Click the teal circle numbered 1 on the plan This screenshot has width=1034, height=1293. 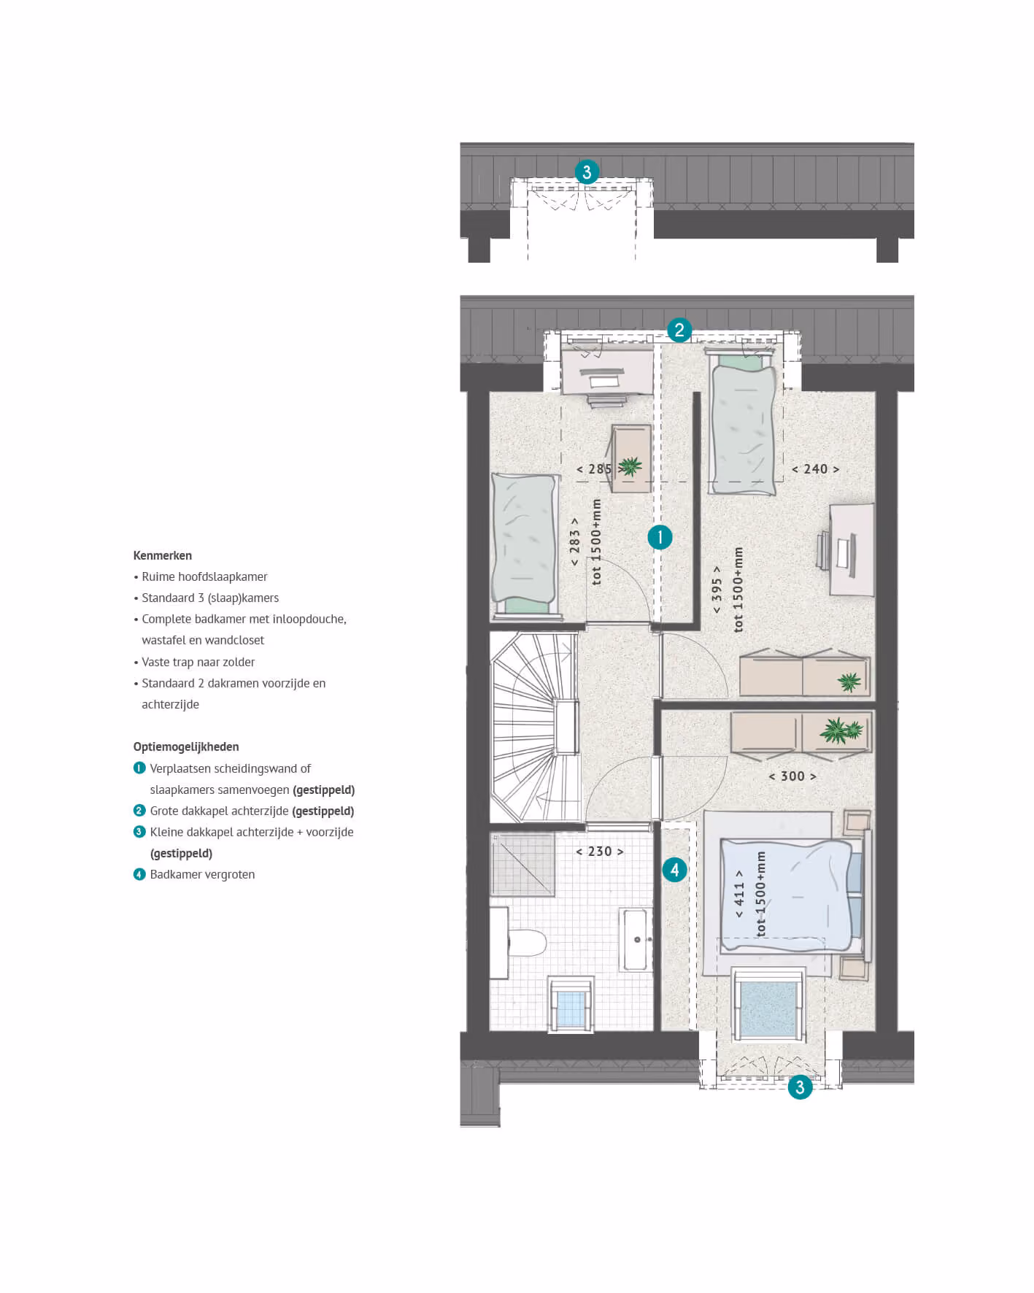pos(660,538)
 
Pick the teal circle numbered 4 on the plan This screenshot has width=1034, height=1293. pos(674,870)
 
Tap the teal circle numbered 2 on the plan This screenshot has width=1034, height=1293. pos(679,330)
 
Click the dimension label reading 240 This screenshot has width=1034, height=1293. pos(816,469)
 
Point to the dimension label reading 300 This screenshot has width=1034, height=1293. pos(792,776)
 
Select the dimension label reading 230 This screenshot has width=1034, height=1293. pos(600,852)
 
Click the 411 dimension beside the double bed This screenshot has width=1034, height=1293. pos(739,893)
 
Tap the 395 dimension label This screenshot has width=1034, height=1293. pos(717,590)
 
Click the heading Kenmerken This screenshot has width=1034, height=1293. pos(163,555)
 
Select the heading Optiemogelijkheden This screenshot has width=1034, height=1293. pos(186,746)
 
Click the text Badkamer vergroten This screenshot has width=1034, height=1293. pos(202,874)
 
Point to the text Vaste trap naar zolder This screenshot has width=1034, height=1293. pos(198,662)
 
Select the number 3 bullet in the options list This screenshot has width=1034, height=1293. pos(139,832)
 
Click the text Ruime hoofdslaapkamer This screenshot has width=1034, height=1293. pos(204,576)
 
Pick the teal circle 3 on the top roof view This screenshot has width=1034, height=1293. pos(587,172)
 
